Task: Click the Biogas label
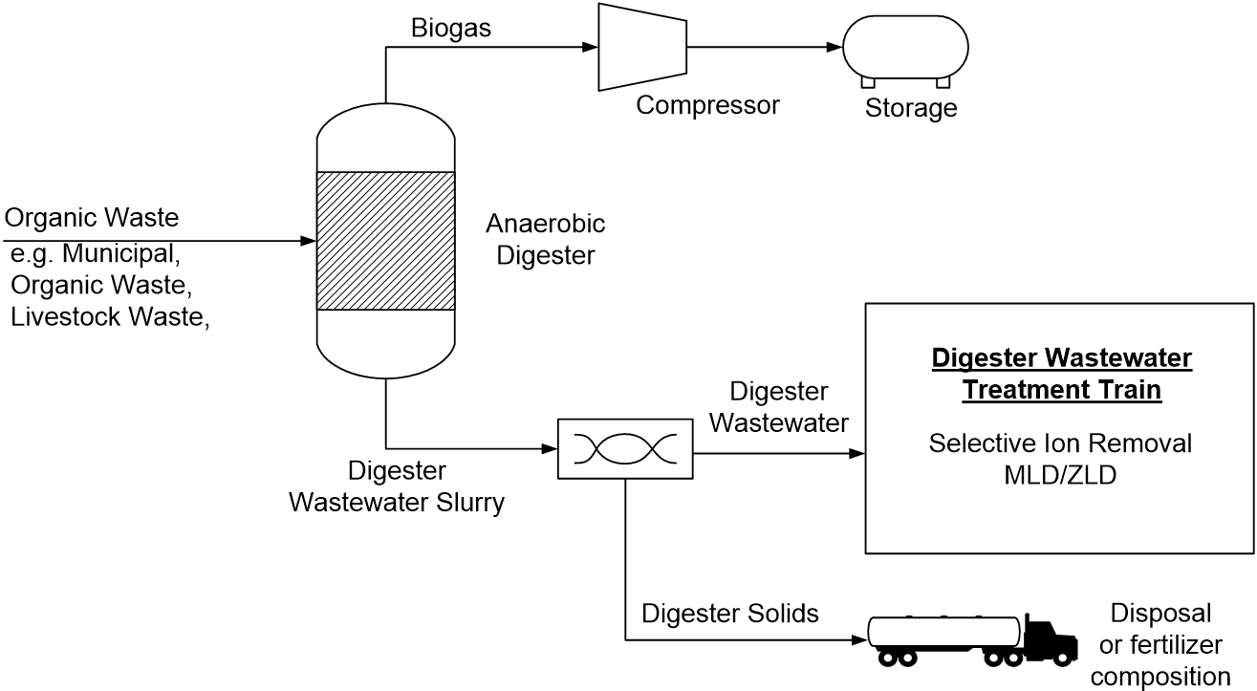pos(451,28)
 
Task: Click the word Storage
pos(910,108)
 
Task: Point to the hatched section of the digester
pos(384,241)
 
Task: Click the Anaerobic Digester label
pos(546,239)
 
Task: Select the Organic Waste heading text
pos(92,218)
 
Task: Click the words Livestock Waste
pos(109,317)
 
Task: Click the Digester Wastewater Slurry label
pos(397,486)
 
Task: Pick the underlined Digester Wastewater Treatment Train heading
pos(1061,374)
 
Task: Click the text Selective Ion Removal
pos(1061,443)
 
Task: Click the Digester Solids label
pos(730,614)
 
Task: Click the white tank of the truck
pos(943,632)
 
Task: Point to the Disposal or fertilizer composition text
pos(1160,645)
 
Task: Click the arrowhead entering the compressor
pos(591,47)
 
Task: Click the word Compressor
pos(707,104)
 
